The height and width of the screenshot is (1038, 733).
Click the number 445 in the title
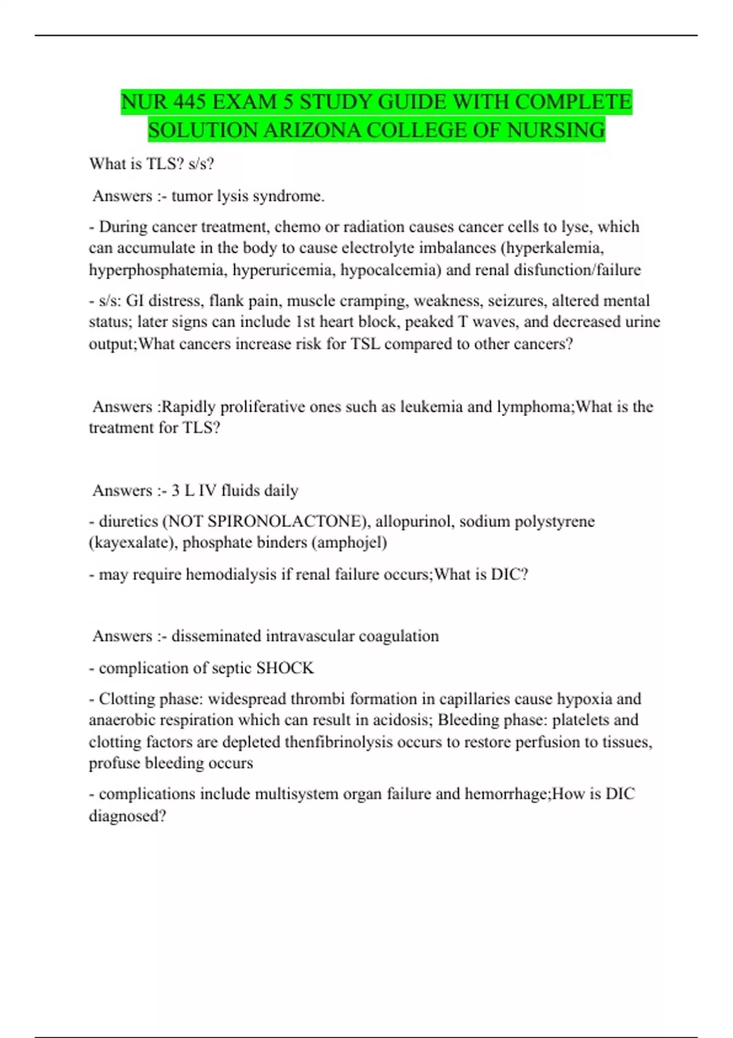pos(189,102)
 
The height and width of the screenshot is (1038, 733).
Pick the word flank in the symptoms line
pos(225,300)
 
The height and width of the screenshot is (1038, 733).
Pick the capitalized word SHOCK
pos(285,668)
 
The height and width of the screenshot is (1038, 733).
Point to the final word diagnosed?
pos(128,816)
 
